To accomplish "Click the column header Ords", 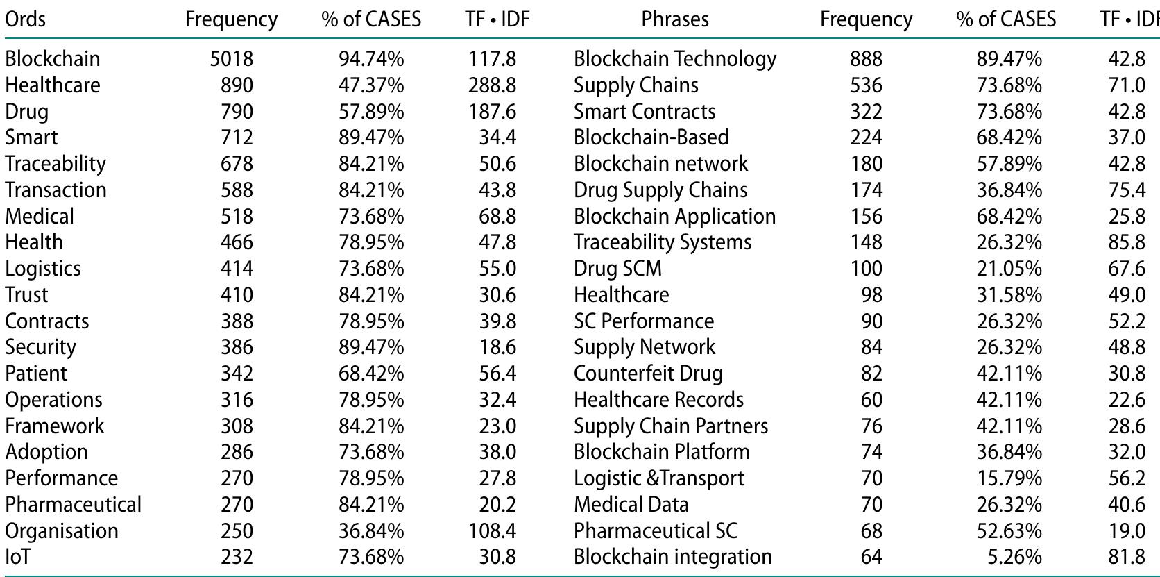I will click(x=26, y=19).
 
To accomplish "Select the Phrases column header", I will click(x=674, y=19).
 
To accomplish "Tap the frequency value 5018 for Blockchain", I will click(x=232, y=59).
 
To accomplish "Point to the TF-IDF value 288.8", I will click(x=492, y=85).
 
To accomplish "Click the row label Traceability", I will click(x=56, y=164).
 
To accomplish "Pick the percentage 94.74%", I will click(x=371, y=59).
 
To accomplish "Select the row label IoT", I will click(x=18, y=557).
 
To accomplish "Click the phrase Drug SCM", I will click(x=617, y=269).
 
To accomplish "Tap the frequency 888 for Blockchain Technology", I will click(x=866, y=59).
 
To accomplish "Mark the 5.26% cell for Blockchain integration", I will click(x=1019, y=557).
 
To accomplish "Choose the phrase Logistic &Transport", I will click(x=658, y=478).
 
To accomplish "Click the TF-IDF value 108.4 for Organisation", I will click(x=492, y=531).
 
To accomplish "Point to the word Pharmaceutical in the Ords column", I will click(x=73, y=505).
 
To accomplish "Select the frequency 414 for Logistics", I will click(x=237, y=269).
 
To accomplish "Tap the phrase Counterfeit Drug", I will click(x=648, y=374).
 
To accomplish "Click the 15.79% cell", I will click(x=1009, y=478).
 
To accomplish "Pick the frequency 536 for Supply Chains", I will click(x=866, y=85).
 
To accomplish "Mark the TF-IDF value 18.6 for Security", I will click(x=497, y=347).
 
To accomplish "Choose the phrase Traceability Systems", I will click(x=663, y=242).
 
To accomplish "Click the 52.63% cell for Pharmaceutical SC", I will click(x=1009, y=531).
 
